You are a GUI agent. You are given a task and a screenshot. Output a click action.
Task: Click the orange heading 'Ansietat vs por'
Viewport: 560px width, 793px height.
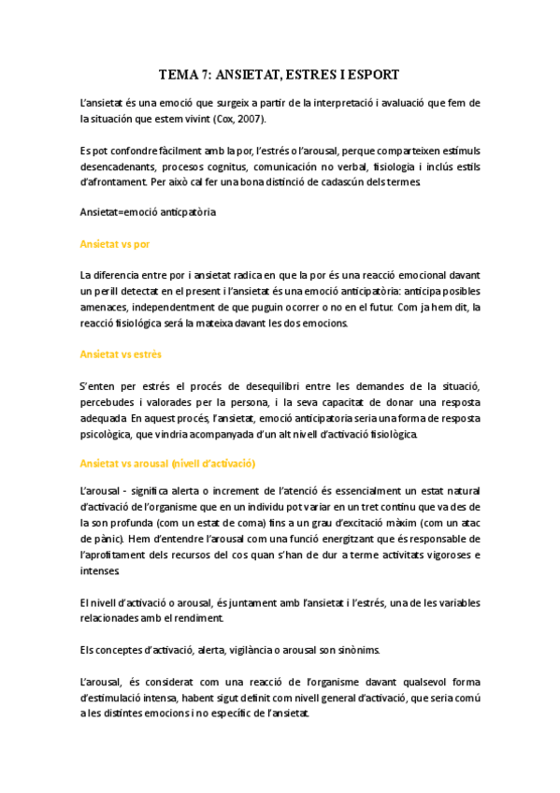click(115, 243)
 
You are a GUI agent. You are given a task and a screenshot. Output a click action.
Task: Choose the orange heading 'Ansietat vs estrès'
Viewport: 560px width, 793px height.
click(121, 354)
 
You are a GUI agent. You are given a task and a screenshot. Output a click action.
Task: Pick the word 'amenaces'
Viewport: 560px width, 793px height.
click(107, 307)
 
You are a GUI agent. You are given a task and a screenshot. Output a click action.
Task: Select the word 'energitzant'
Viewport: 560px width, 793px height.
click(349, 540)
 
